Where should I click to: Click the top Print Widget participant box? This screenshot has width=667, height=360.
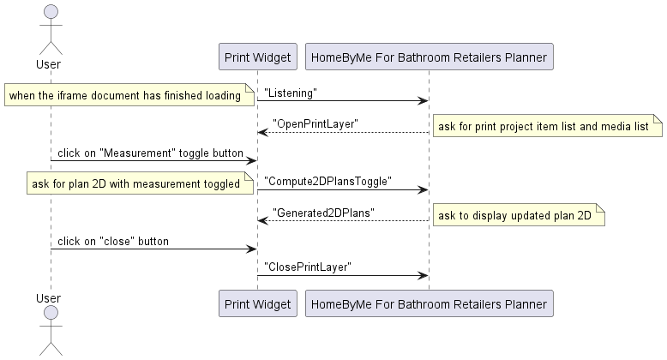pyautogui.click(x=257, y=57)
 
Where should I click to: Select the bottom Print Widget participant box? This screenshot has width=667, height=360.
pyautogui.click(x=257, y=303)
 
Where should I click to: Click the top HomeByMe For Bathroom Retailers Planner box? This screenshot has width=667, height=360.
pyautogui.click(x=429, y=57)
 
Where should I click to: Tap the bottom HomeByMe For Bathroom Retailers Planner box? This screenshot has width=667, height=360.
pyautogui.click(x=429, y=303)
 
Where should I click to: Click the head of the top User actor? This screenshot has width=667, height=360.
pyautogui.click(x=51, y=11)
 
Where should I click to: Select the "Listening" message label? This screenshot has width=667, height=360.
pyautogui.click(x=291, y=92)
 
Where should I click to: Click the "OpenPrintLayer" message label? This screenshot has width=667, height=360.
pyautogui.click(x=315, y=123)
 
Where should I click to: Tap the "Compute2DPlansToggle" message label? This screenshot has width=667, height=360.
pyautogui.click(x=327, y=181)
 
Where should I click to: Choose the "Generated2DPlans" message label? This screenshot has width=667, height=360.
pyautogui.click(x=323, y=213)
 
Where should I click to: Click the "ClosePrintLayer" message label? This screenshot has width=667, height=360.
pyautogui.click(x=308, y=267)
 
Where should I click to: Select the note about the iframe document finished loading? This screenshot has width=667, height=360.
pyautogui.click(x=125, y=95)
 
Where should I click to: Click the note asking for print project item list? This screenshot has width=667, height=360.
pyautogui.click(x=547, y=127)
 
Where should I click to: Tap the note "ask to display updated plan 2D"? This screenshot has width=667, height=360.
pyautogui.click(x=518, y=216)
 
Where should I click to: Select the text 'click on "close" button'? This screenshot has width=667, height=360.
pyautogui.click(x=113, y=241)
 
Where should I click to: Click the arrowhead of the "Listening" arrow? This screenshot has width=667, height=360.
pyautogui.click(x=424, y=101)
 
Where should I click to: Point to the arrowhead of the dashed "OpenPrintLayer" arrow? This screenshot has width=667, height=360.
pyautogui.click(x=262, y=133)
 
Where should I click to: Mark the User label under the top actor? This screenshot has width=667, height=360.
pyautogui.click(x=51, y=64)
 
